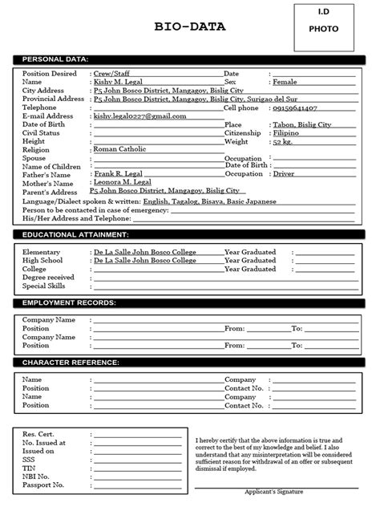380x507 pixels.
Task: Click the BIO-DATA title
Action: click(190, 27)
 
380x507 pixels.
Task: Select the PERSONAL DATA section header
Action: click(55, 59)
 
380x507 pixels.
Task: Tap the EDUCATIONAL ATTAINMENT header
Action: click(75, 234)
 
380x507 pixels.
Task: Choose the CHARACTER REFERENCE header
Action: click(71, 363)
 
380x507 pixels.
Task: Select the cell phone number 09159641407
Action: click(294, 107)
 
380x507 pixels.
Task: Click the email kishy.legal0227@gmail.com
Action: click(140, 116)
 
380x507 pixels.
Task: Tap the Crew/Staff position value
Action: click(112, 73)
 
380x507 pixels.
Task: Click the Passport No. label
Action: click(44, 485)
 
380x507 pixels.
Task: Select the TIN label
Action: click(30, 468)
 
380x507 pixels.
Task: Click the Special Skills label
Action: click(46, 286)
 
